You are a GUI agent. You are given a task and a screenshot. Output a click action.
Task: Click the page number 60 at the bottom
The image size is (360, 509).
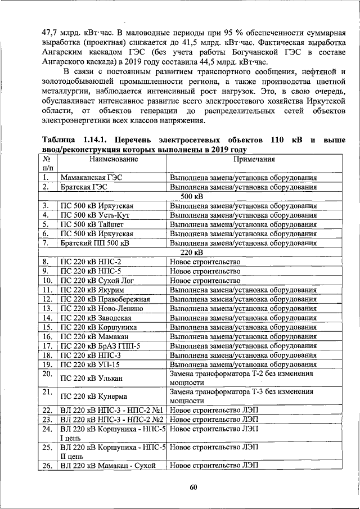192,487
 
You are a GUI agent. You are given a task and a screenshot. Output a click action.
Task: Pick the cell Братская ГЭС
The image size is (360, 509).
84,187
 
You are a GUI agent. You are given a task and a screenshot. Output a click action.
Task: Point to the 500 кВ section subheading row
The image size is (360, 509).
191,196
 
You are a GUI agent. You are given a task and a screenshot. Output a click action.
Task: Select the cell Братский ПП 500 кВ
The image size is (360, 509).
94,243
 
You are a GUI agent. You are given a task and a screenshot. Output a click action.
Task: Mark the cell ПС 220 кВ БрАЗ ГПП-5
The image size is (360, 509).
100,345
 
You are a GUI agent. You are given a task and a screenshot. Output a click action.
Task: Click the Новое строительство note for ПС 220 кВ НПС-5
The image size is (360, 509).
205,271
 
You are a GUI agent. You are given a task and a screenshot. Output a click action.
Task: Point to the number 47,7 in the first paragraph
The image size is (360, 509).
37,33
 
